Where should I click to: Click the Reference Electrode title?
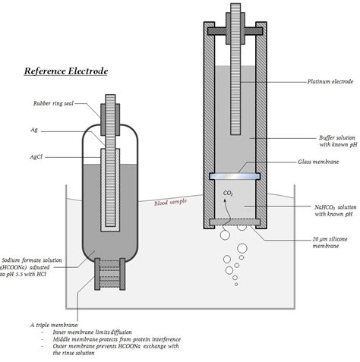pos(66,71)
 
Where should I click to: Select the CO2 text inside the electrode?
pos(228,193)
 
